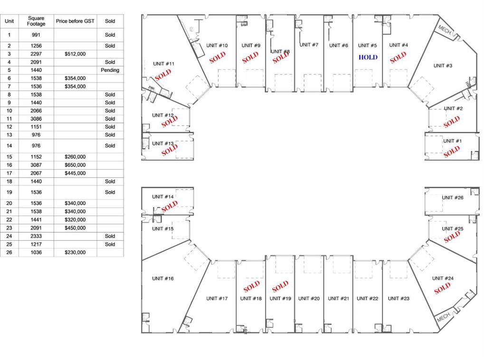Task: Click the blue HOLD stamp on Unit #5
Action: coord(368,57)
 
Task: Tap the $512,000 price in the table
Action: coord(75,54)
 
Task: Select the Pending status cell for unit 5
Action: coord(110,70)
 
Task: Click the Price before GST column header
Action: coord(75,21)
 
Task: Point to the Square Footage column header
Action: coord(36,21)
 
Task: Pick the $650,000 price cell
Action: coord(75,165)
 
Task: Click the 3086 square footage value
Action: coord(36,119)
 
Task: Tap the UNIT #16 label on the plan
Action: coord(163,278)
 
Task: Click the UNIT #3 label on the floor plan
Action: coord(443,66)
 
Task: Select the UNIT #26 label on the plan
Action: coord(453,198)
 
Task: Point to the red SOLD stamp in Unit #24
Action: coord(442,288)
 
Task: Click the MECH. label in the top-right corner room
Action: coord(445,30)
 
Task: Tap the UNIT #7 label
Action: coord(309,45)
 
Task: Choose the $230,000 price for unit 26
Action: coord(75,253)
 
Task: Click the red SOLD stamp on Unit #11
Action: coord(163,75)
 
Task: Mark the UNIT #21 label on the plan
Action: coord(338,299)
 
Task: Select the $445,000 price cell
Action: coord(75,173)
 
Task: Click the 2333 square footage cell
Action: coord(36,236)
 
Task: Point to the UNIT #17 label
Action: coord(217,299)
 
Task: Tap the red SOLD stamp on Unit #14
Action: coord(170,206)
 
